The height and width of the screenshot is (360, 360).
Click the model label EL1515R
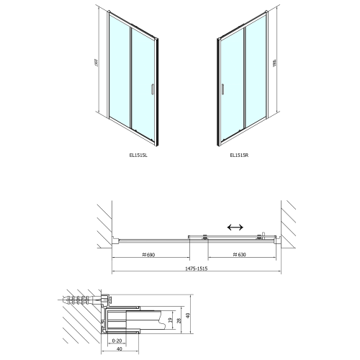click(239, 154)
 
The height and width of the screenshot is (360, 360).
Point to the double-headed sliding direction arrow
click(235, 227)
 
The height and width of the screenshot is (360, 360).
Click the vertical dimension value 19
click(168, 320)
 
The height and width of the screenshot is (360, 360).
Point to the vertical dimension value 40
click(189, 315)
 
